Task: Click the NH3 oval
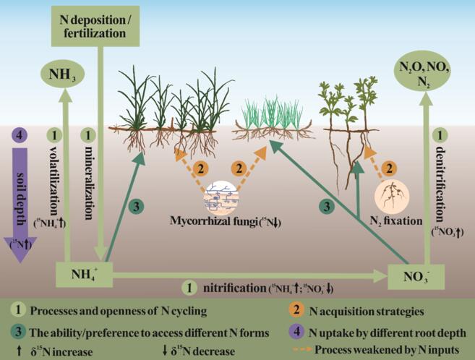click(63, 74)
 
